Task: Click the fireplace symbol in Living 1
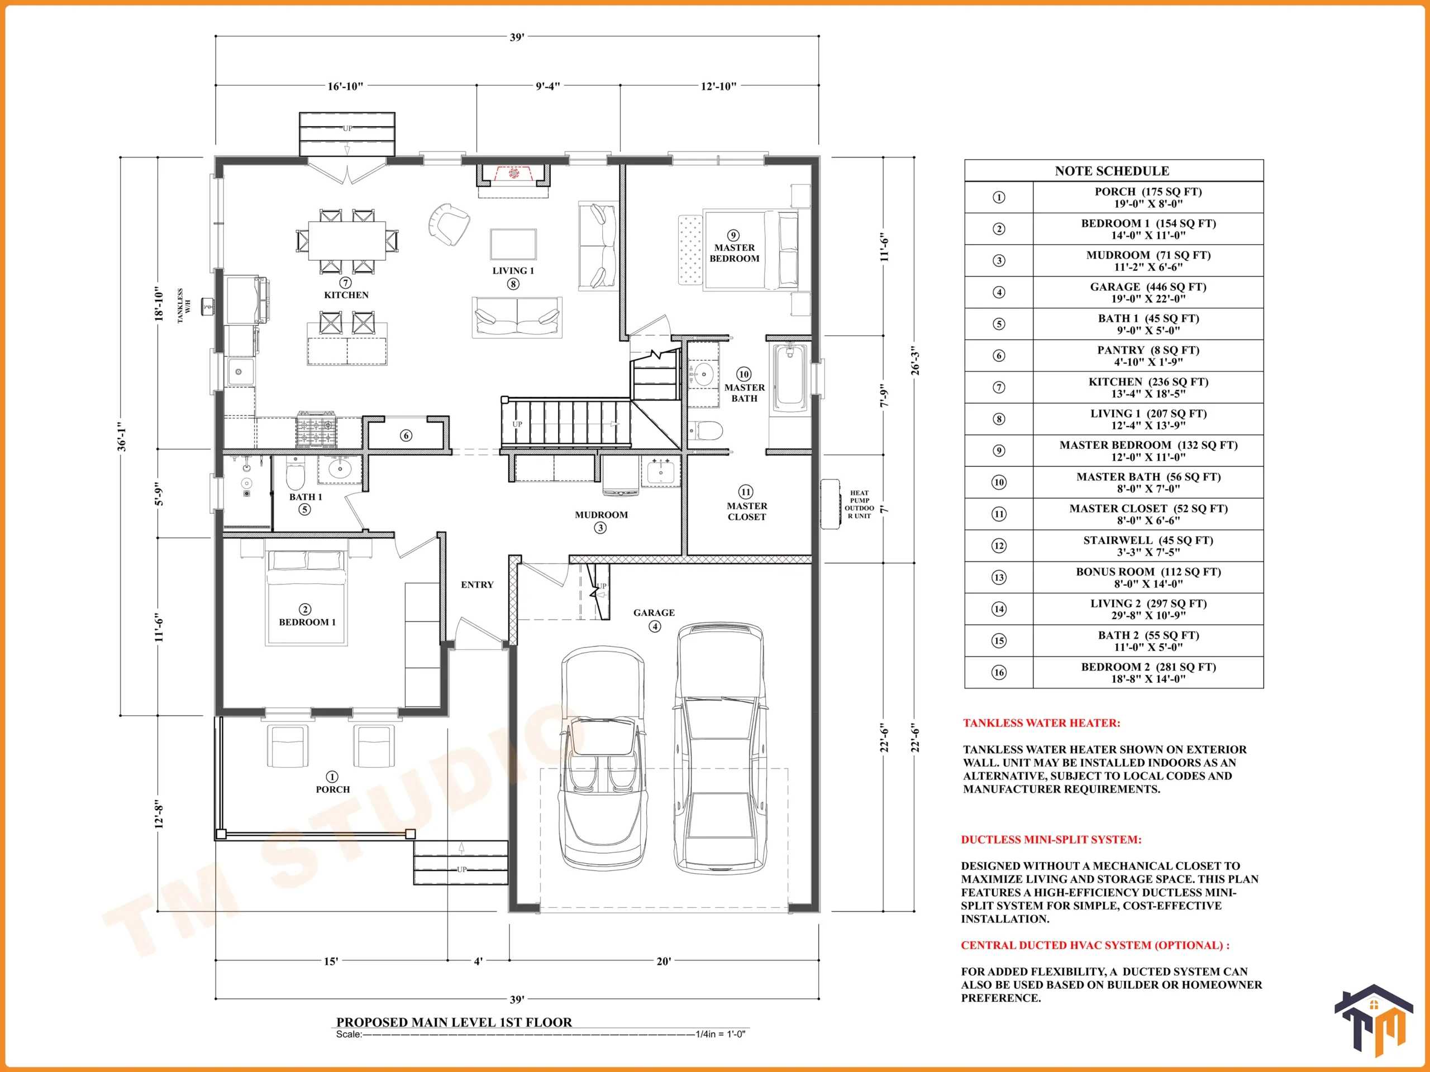click(x=513, y=174)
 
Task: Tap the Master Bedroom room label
click(x=735, y=253)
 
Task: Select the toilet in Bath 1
click(x=295, y=475)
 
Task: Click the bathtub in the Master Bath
click(x=789, y=377)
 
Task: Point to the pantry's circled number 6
click(x=406, y=435)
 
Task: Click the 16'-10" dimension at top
click(x=345, y=86)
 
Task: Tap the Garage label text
click(x=654, y=612)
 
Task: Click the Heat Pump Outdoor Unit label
click(x=859, y=504)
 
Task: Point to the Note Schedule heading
click(x=1112, y=171)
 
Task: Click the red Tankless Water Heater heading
click(x=1041, y=723)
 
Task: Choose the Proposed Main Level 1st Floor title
click(x=454, y=1022)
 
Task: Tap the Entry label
click(x=477, y=585)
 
